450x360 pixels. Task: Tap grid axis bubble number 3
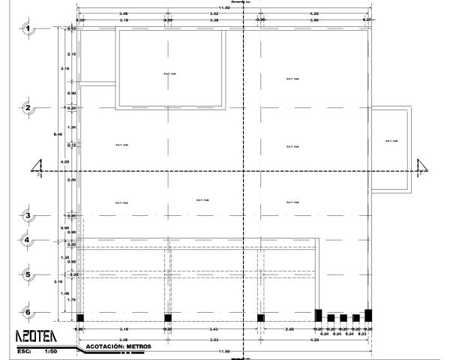(28, 216)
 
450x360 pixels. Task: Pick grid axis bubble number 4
(28, 241)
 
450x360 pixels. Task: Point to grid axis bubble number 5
(28, 274)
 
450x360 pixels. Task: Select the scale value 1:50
(51, 350)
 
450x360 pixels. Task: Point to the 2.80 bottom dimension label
(289, 328)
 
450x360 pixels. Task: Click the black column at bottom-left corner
(80, 317)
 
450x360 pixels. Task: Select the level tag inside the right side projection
(389, 141)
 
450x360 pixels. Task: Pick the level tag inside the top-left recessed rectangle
(169, 73)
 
